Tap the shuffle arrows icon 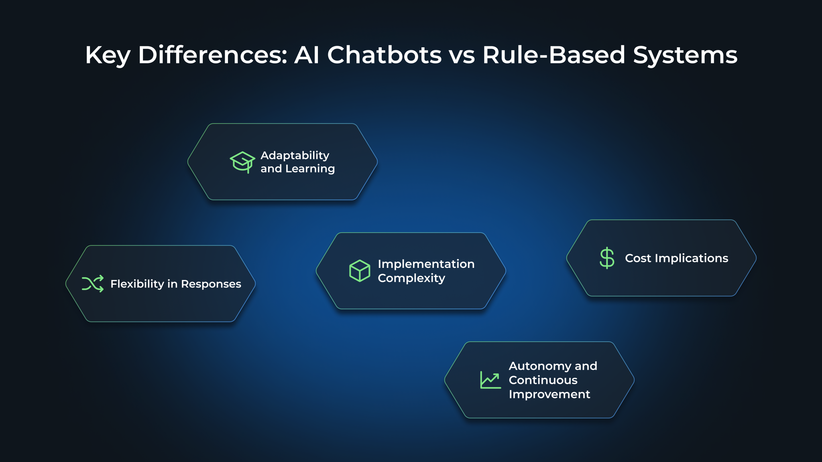(x=93, y=284)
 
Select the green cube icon (x=360, y=271)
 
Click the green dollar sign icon (x=607, y=258)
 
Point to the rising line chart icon (x=490, y=380)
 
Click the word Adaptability (x=295, y=156)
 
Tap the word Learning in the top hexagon (x=310, y=169)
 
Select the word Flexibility (x=137, y=284)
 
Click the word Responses (x=211, y=284)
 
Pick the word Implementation (x=426, y=264)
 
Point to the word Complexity (x=411, y=278)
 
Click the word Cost (x=638, y=258)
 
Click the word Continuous (x=543, y=380)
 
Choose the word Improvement (x=549, y=395)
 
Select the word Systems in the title (x=686, y=56)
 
